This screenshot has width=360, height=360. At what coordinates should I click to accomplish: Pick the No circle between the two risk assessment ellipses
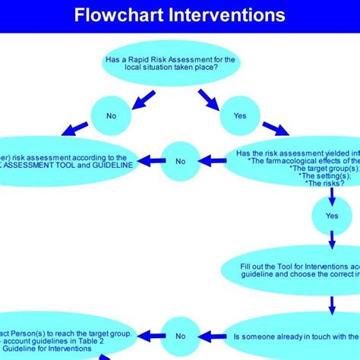pyautogui.click(x=180, y=160)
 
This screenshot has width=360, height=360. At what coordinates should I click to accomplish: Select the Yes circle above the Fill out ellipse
pyautogui.click(x=332, y=216)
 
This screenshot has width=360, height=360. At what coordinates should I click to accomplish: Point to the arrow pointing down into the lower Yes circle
pyautogui.click(x=332, y=197)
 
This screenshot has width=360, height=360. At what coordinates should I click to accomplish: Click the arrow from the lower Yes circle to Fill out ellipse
pyautogui.click(x=332, y=241)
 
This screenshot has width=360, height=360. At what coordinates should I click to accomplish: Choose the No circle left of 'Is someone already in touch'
pyautogui.click(x=180, y=335)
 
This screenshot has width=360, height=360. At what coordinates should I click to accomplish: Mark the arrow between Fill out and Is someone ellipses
pyautogui.click(x=332, y=305)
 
